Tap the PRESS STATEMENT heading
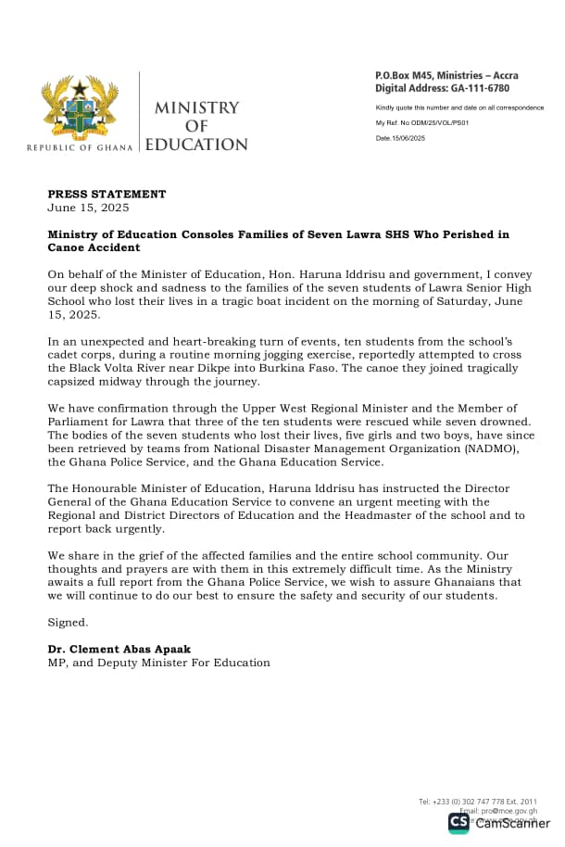click(107, 195)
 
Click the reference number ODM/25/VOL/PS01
click(433, 122)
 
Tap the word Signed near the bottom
click(69, 623)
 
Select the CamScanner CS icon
click(458, 823)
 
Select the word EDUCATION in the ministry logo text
click(196, 145)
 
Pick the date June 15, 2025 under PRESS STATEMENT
click(88, 208)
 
